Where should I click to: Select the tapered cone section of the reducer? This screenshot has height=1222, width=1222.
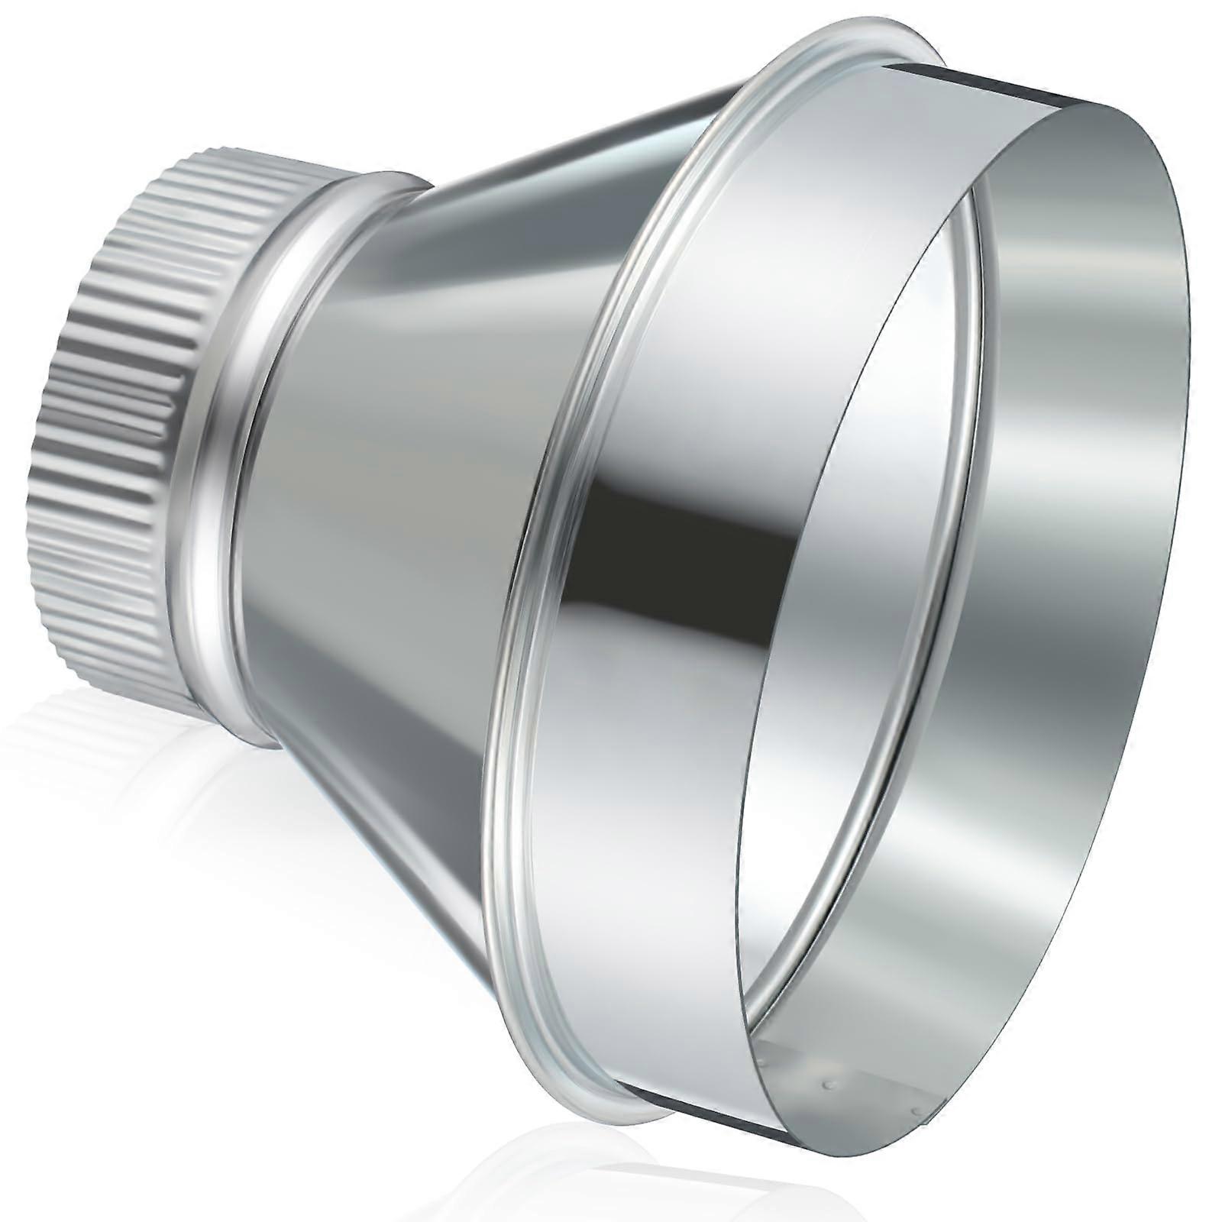[x=382, y=458]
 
